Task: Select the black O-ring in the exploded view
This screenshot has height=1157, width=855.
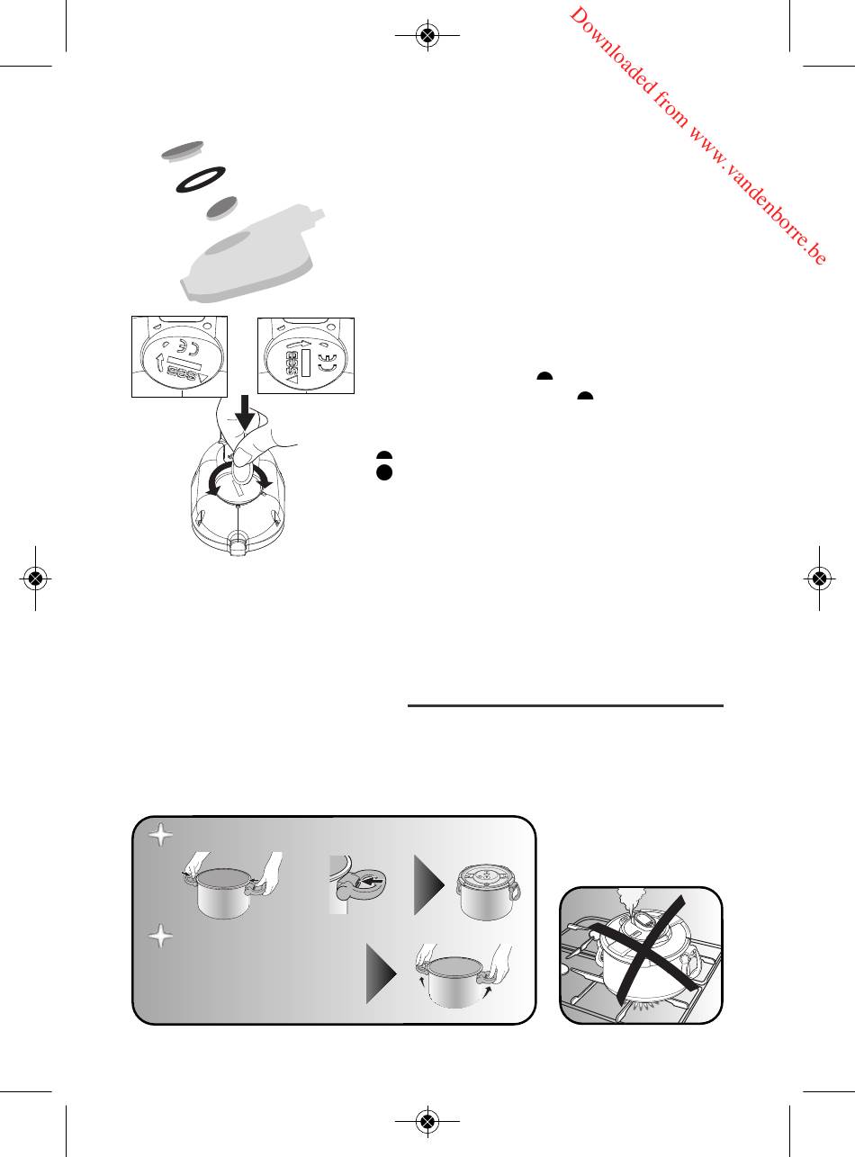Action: click(201, 179)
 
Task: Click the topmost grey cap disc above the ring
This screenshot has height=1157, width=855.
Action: click(183, 151)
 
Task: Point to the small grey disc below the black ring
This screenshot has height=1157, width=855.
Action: click(221, 208)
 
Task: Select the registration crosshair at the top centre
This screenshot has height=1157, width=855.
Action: click(427, 35)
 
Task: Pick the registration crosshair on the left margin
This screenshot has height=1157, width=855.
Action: click(35, 578)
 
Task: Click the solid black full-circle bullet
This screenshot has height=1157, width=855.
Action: click(384, 472)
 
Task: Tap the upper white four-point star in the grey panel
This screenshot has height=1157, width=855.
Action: click(161, 835)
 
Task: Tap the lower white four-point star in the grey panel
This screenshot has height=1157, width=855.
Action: click(161, 937)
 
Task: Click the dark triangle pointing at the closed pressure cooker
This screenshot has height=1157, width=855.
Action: click(429, 885)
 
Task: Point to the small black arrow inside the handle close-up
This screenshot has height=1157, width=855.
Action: click(373, 881)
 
